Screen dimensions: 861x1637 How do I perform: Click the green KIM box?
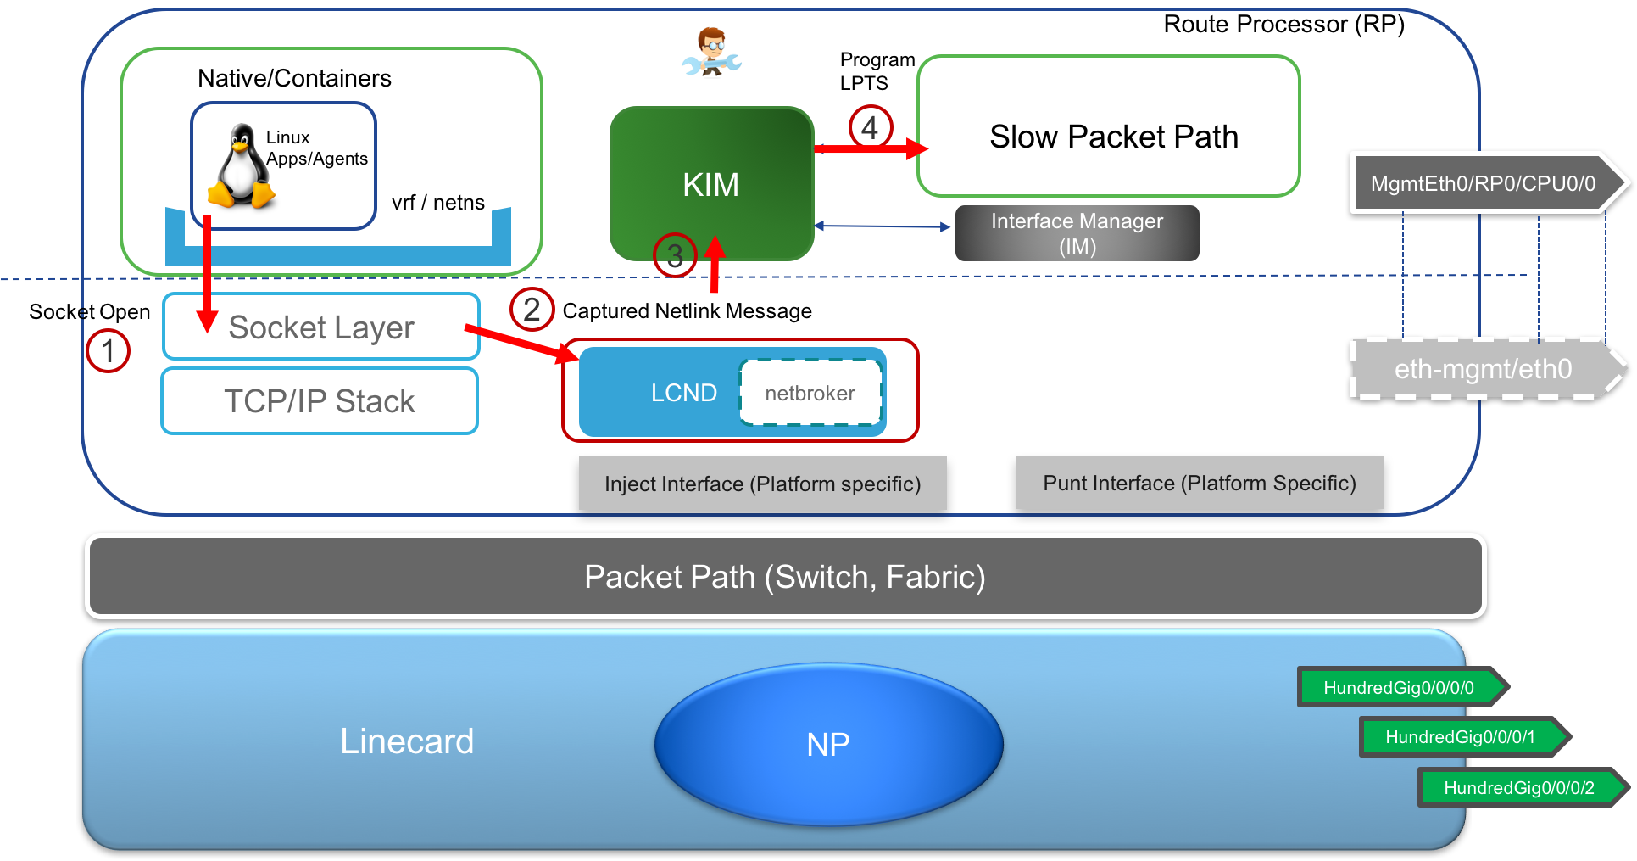click(x=711, y=183)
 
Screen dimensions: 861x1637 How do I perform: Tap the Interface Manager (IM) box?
click(x=1077, y=233)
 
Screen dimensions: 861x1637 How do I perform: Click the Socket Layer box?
click(x=321, y=327)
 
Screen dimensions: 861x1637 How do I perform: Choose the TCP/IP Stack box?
click(x=320, y=400)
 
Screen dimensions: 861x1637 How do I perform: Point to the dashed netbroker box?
click(x=810, y=393)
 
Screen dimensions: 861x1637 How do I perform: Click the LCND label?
click(x=683, y=393)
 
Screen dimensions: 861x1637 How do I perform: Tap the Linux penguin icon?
click(x=242, y=166)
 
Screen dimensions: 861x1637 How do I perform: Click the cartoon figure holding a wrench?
click(x=712, y=52)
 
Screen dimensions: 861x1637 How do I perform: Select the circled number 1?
click(x=108, y=350)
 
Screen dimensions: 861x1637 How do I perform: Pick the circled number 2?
click(x=532, y=310)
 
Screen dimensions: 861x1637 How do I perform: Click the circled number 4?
click(x=870, y=128)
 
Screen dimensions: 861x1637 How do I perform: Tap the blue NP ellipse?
click(x=828, y=744)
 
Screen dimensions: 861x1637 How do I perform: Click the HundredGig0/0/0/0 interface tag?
click(x=1400, y=687)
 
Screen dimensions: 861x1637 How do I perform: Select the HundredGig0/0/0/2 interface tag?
click(x=1520, y=787)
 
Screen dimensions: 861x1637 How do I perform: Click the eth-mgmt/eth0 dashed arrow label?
click(x=1484, y=369)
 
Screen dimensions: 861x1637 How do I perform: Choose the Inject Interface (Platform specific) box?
click(x=762, y=484)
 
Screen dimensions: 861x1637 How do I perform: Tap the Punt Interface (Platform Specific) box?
click(x=1200, y=483)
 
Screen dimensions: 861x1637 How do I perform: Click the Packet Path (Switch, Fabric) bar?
click(x=785, y=577)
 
